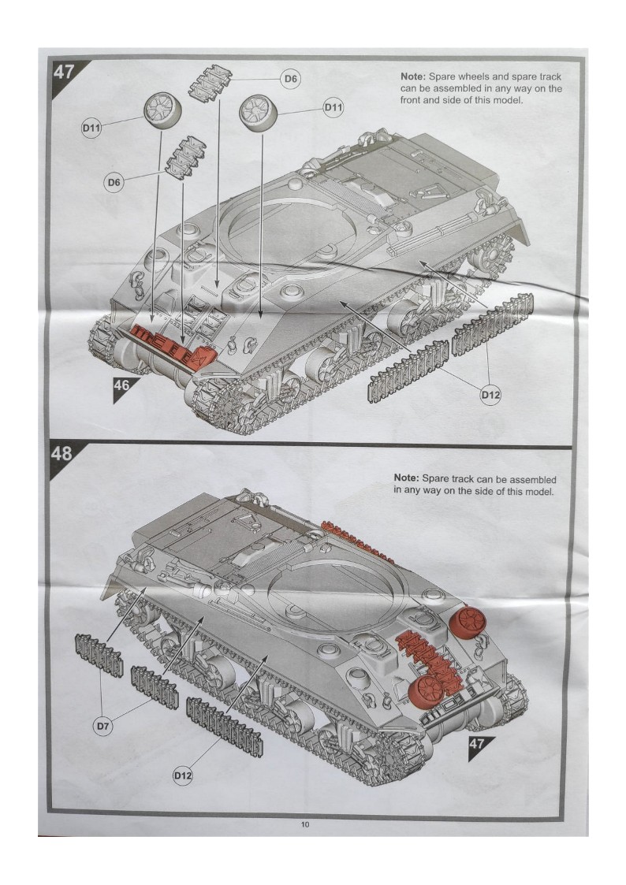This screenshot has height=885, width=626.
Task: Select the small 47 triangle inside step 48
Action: (479, 746)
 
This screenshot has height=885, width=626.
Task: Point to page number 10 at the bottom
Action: (305, 824)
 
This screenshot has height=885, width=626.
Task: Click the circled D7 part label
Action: (102, 727)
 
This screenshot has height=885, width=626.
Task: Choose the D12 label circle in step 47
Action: (490, 395)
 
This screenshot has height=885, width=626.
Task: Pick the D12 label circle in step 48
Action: (183, 776)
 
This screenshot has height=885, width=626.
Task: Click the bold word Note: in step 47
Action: (413, 76)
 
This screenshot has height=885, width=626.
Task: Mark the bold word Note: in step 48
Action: (406, 478)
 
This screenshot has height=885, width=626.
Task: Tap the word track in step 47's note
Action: (550, 76)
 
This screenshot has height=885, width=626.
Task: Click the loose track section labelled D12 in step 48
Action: (224, 727)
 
